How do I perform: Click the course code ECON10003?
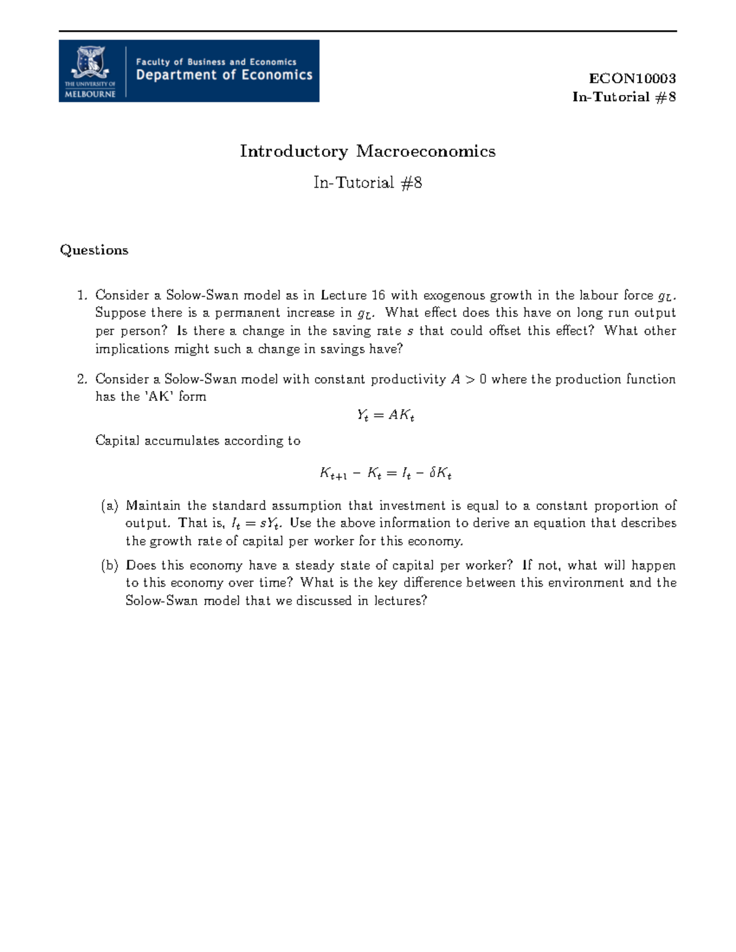pyautogui.click(x=632, y=78)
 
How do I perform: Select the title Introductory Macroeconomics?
pyautogui.click(x=367, y=151)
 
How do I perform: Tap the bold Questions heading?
pyautogui.click(x=94, y=250)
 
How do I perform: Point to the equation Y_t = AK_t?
pyautogui.click(x=385, y=416)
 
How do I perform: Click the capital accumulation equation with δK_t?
pyautogui.click(x=385, y=473)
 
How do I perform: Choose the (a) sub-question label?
pyautogui.click(x=110, y=506)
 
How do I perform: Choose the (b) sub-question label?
pyautogui.click(x=110, y=565)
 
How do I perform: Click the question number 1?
pyautogui.click(x=82, y=295)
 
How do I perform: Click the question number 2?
pyautogui.click(x=82, y=379)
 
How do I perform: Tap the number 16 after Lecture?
pyautogui.click(x=378, y=295)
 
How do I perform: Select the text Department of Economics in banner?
pyautogui.click(x=224, y=75)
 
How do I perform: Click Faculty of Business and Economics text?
pyautogui.click(x=216, y=61)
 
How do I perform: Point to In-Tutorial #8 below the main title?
pyautogui.click(x=367, y=183)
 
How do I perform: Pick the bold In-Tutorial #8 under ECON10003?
pyautogui.click(x=624, y=97)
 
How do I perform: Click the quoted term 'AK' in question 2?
pyautogui.click(x=159, y=397)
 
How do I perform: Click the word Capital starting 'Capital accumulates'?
pyautogui.click(x=117, y=441)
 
